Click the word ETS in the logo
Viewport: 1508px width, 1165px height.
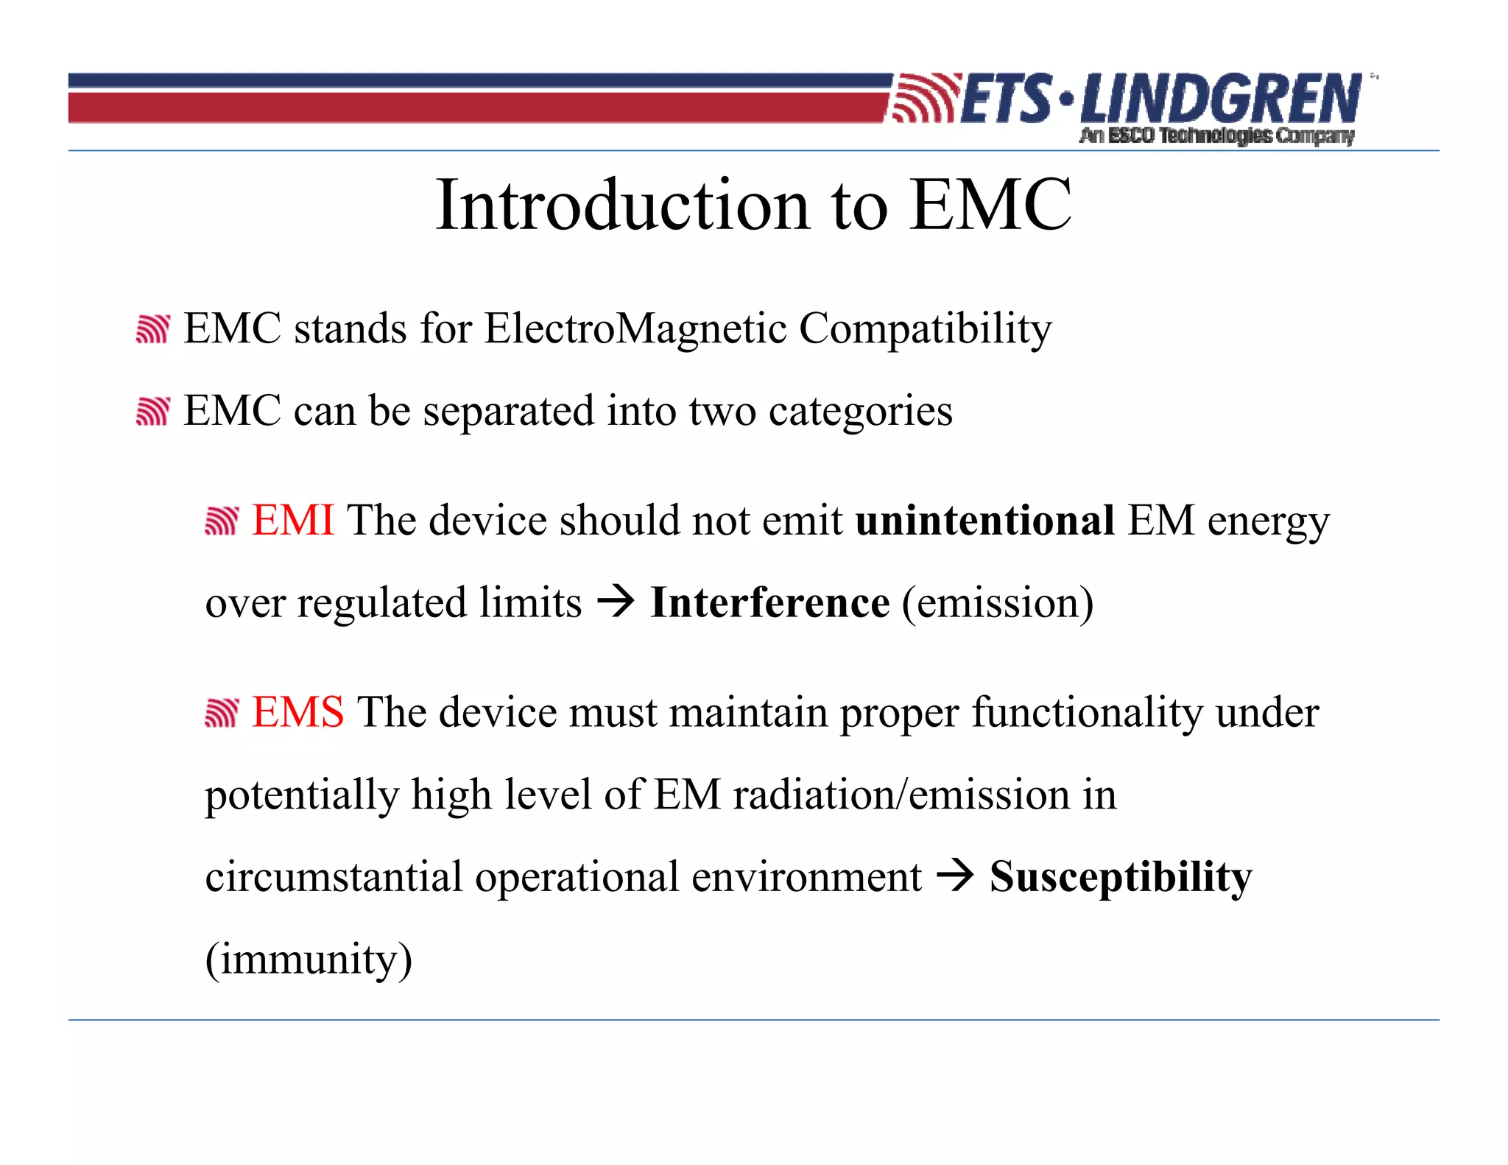[1007, 99]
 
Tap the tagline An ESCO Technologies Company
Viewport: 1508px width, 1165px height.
[1216, 135]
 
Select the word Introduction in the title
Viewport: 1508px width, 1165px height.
[623, 205]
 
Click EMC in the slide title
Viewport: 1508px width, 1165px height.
[990, 205]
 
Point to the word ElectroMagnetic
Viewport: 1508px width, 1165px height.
[635, 328]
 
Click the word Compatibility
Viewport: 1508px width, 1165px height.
[925, 330]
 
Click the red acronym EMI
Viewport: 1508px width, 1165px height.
[293, 521]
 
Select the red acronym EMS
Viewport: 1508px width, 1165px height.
[297, 712]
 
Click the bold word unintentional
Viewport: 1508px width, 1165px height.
[984, 521]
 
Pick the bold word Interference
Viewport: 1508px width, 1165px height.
[769, 603]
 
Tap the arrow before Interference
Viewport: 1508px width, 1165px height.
[616, 602]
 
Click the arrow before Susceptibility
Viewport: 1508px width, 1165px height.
[955, 876]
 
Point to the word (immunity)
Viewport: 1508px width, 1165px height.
[309, 960]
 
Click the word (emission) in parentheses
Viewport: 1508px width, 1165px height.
[998, 603]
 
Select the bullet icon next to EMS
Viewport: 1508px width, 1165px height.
[222, 713]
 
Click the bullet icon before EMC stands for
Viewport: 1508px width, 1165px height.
[153, 328]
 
